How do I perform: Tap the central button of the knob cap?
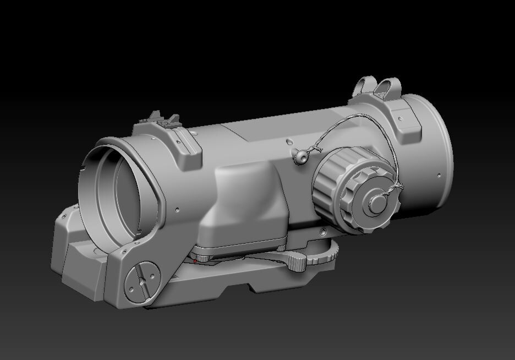[377, 202]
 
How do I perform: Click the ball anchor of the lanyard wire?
[300, 157]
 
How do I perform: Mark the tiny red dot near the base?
[195, 261]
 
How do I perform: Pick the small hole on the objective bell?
[439, 176]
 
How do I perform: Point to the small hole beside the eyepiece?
[177, 209]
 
